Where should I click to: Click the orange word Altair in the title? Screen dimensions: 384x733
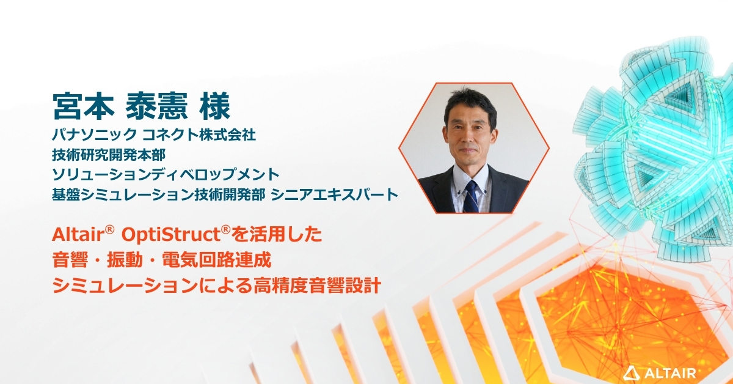tap(79, 235)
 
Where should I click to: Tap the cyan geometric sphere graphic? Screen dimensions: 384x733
tap(660, 141)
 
